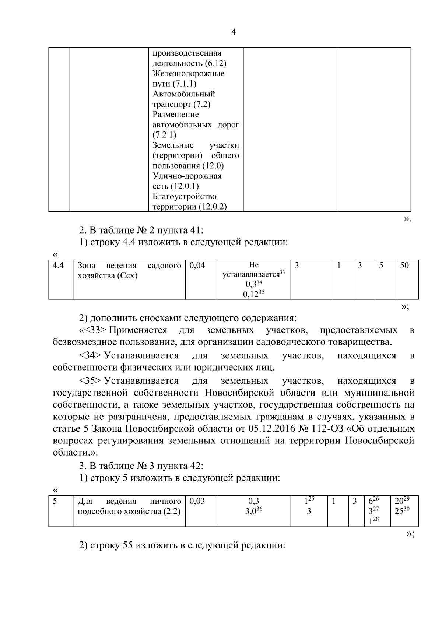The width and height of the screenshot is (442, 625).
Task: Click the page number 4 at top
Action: click(233, 32)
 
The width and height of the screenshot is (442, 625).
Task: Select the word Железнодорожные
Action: click(188, 74)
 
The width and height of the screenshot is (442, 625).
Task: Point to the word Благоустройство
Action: click(185, 197)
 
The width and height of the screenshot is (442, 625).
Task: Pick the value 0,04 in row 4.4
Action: click(197, 266)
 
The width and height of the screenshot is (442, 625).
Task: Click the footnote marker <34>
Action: click(90, 356)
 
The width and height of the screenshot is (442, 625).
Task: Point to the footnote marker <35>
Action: click(90, 381)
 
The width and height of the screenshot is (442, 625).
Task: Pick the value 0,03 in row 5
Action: click(197, 501)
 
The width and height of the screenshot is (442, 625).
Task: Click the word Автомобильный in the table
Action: click(184, 94)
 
